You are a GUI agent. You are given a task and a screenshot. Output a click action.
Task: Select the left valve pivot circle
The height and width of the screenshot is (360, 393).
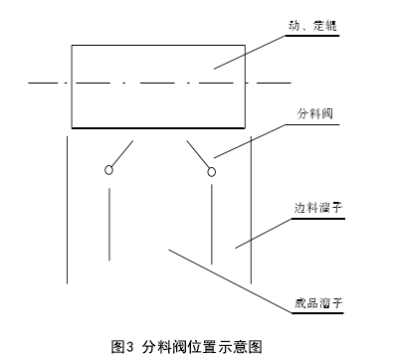(x=108, y=171)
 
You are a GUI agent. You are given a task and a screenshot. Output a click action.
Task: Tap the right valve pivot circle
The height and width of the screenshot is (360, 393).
(x=211, y=172)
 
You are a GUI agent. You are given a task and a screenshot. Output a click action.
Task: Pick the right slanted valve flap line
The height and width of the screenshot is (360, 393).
(x=198, y=154)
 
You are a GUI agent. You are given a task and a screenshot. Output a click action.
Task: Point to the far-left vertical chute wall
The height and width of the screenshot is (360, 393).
(x=67, y=209)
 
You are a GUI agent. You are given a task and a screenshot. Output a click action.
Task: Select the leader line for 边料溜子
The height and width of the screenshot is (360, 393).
(x=261, y=230)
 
